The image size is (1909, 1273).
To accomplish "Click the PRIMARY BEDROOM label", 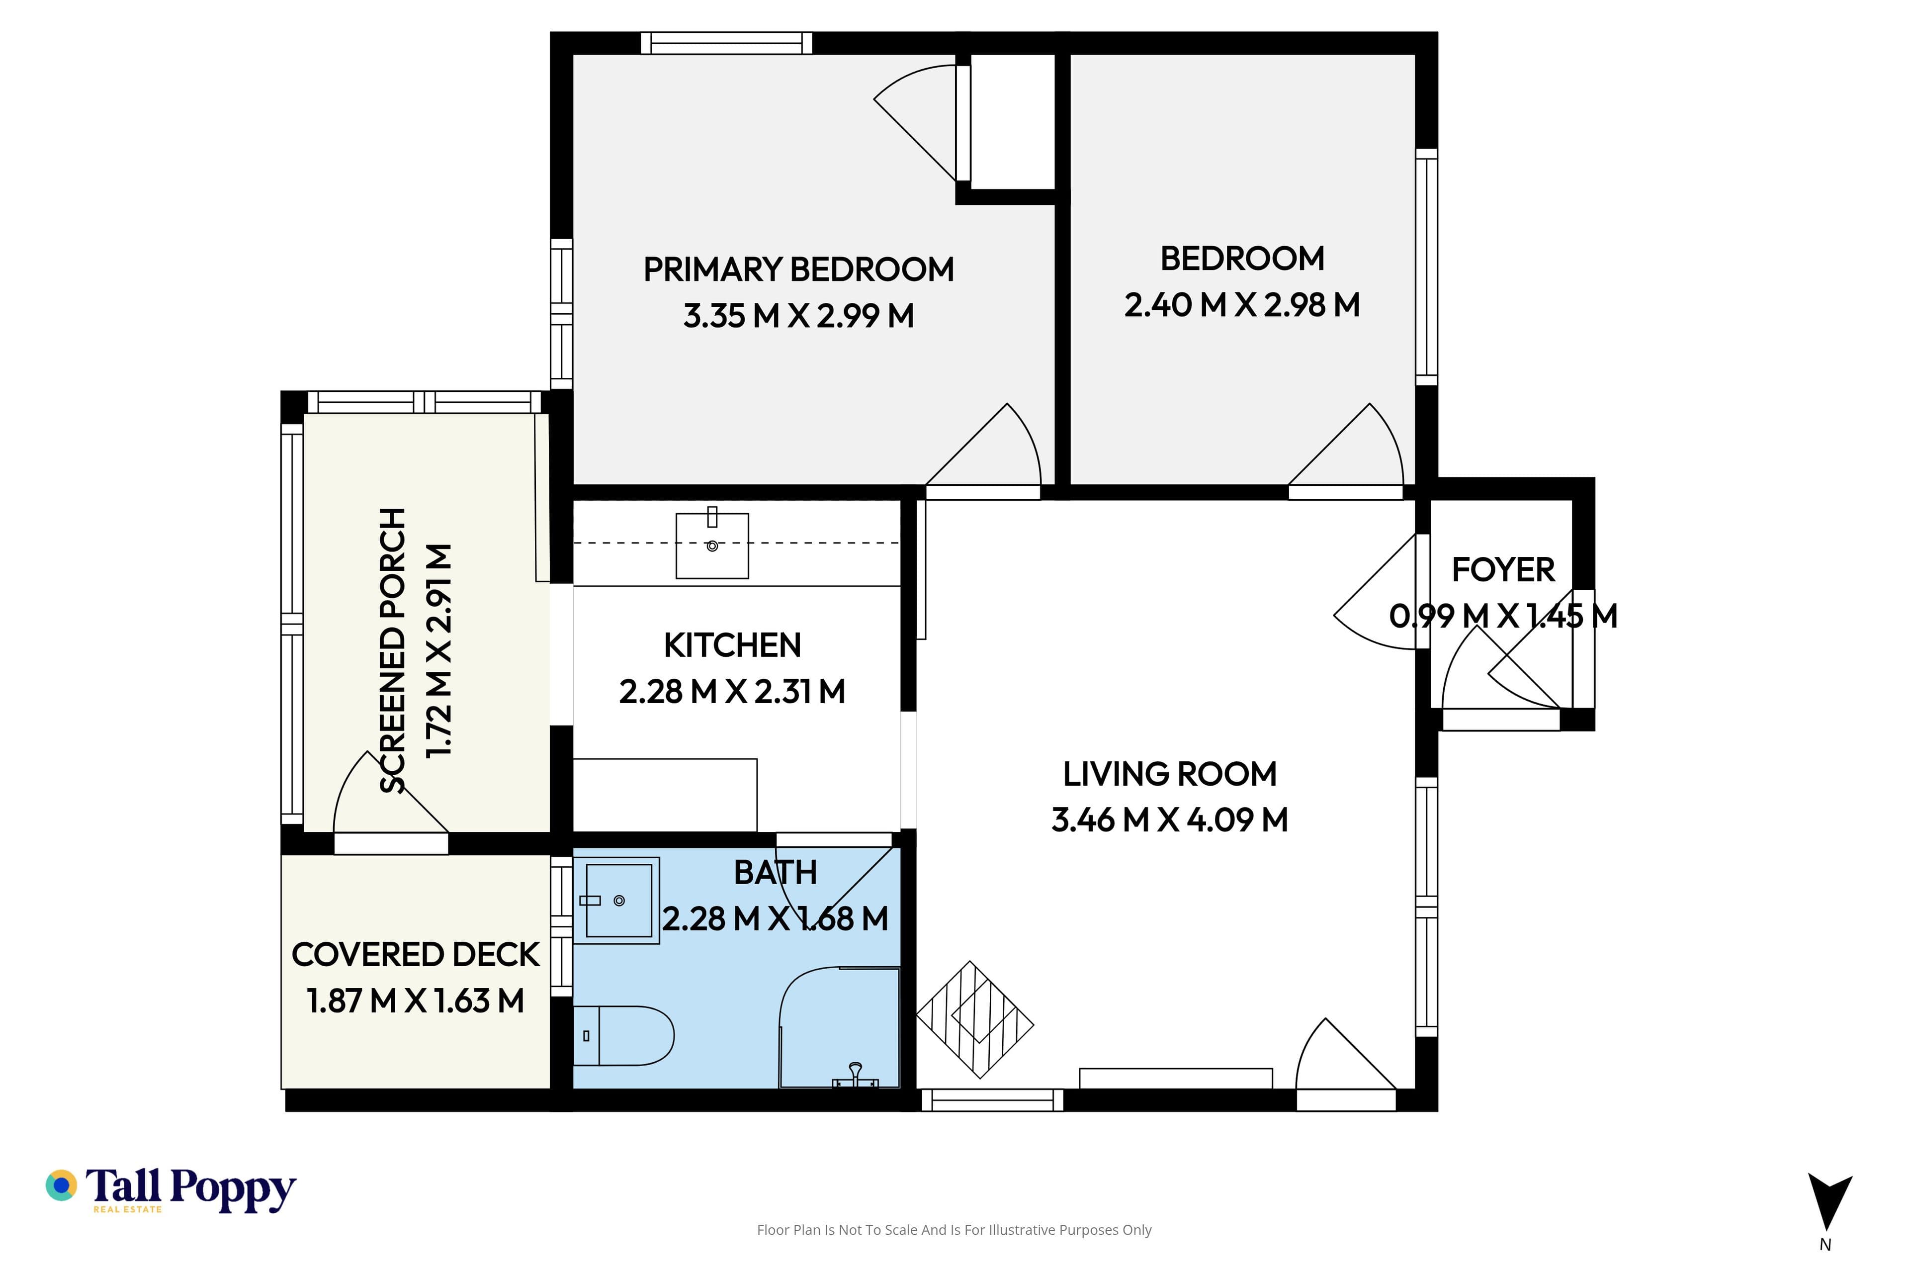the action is [799, 270].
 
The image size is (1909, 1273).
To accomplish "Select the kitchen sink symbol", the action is [712, 545].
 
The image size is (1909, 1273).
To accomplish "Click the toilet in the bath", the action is [623, 1035].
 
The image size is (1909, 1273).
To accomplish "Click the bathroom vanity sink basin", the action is [617, 901].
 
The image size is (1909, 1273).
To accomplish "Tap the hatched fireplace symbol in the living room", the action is [975, 1020].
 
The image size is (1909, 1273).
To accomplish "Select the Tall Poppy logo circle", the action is [61, 1185].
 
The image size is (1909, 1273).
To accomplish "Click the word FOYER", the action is [1503, 570].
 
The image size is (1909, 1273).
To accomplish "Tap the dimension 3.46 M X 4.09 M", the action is [1170, 820].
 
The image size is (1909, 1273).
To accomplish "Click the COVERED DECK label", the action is [416, 955].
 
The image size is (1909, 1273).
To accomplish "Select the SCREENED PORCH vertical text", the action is [393, 650].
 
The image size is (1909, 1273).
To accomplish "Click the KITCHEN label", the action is [732, 645].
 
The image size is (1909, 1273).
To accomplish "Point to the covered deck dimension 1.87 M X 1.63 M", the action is [416, 1001].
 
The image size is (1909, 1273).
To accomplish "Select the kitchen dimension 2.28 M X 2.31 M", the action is [732, 692].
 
